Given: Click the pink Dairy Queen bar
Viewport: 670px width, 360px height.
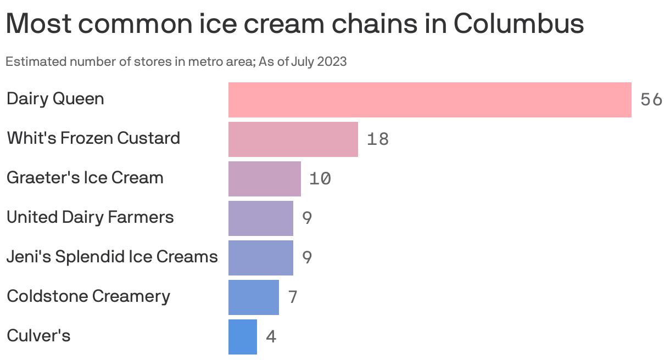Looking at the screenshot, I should point(429,100).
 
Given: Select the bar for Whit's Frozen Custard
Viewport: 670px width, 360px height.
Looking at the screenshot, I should point(293,139).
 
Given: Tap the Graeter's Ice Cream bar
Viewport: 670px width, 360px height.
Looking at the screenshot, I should point(264,179).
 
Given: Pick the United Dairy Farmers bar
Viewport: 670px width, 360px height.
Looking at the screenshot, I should point(260,218).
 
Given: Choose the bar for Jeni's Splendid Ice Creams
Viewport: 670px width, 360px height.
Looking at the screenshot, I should point(260,258).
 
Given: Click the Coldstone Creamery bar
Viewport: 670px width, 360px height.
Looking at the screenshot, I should point(253,297).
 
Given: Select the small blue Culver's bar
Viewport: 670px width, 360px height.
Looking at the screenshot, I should point(242,337).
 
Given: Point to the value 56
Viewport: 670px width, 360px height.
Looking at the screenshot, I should point(651,100).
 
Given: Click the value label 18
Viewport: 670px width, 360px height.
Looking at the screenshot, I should point(378,139).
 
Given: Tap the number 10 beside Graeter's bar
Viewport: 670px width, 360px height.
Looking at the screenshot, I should point(320,179).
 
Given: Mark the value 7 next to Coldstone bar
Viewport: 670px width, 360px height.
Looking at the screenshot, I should point(293,297).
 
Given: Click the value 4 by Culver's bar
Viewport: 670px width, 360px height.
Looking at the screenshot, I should point(271,337).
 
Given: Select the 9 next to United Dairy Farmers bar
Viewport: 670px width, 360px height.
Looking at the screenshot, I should point(307,218).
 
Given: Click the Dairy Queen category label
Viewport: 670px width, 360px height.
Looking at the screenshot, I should point(55,99).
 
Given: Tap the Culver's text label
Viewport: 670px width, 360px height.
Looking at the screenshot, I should point(38,335).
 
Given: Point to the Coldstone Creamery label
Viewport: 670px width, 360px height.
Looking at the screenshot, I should point(88,296).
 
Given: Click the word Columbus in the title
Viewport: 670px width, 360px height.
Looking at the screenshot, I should point(518,24).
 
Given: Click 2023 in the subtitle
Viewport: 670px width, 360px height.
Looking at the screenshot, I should point(331,61).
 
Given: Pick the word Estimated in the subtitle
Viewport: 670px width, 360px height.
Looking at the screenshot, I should point(35,61).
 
